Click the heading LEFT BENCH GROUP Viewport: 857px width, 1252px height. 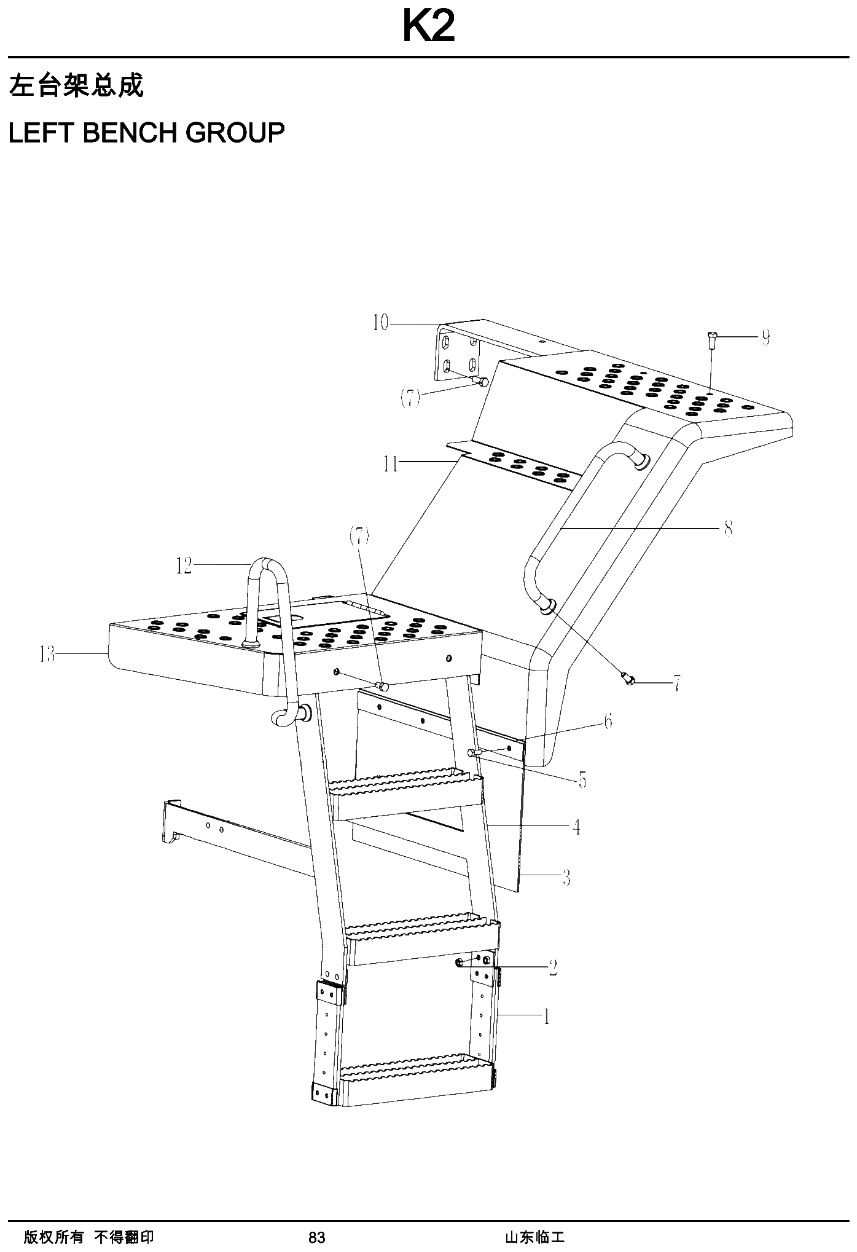point(147,132)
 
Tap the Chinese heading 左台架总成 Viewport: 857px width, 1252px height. point(76,85)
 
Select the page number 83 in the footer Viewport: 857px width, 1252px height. point(316,1237)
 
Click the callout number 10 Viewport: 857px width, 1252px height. point(381,323)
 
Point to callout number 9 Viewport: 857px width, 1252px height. point(765,337)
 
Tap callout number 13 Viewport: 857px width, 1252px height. point(47,655)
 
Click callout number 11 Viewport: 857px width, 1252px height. point(391,464)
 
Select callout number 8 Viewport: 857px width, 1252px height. point(728,528)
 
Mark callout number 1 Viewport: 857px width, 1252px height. point(546,1017)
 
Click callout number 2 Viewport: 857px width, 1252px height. point(553,967)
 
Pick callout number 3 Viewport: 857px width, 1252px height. point(566,878)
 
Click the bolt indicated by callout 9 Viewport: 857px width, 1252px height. point(711,340)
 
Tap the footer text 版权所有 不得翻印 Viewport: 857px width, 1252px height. point(89,1237)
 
